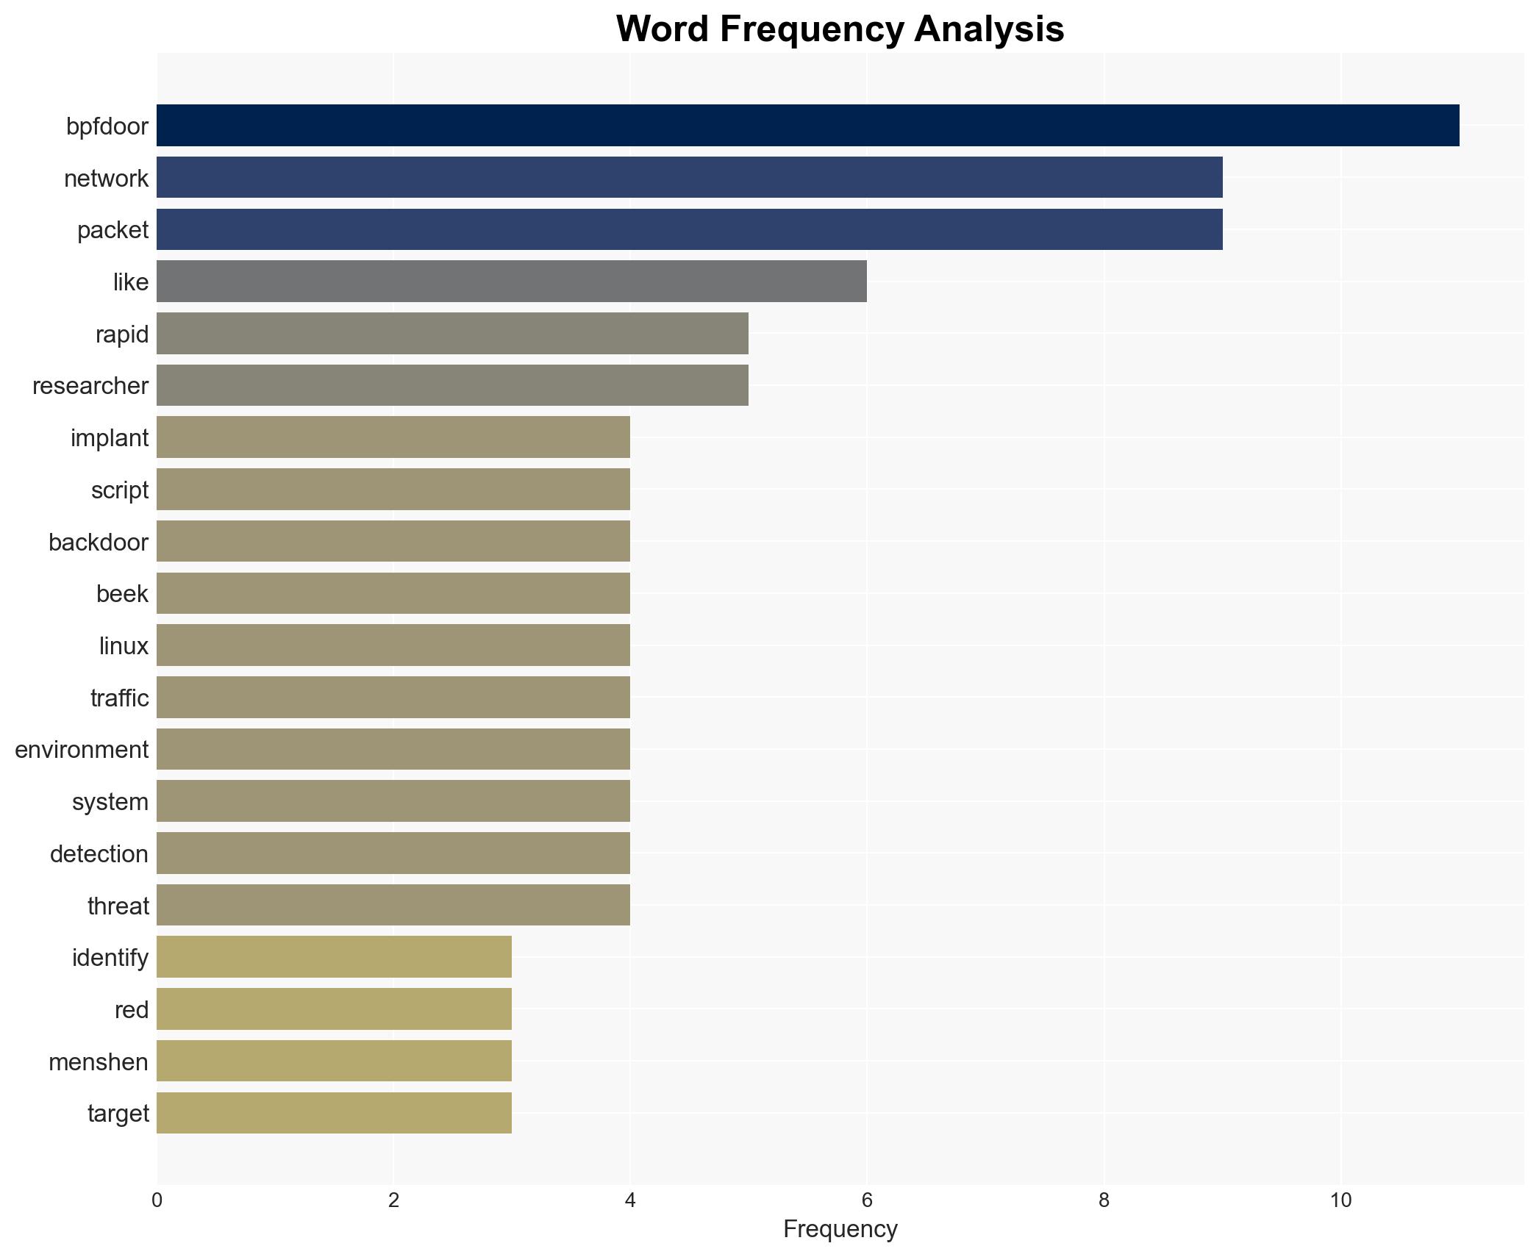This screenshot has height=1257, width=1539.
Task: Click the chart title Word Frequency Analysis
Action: tap(840, 29)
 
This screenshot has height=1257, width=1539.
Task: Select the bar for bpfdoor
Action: tap(807, 126)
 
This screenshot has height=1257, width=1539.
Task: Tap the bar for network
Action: tap(689, 178)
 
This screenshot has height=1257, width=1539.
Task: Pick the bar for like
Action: tap(511, 282)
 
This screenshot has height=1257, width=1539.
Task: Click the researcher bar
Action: tap(452, 385)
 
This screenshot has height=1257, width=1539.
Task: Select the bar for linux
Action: tap(393, 645)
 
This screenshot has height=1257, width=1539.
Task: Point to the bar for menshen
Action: tap(334, 1061)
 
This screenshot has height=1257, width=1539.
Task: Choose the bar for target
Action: tap(334, 1113)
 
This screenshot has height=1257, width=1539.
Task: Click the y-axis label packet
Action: tap(113, 230)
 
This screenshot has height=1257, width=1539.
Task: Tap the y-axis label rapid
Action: tap(122, 334)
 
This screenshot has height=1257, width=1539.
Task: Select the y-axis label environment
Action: tap(82, 750)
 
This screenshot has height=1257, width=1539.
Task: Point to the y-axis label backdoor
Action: tap(99, 542)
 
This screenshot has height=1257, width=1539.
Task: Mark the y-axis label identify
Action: tap(110, 958)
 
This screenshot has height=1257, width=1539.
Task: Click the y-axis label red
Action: tap(132, 1010)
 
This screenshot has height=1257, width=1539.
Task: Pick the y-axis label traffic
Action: tap(119, 698)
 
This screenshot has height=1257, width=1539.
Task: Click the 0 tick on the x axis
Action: tap(157, 1200)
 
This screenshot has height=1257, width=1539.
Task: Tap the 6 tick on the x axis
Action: tap(867, 1200)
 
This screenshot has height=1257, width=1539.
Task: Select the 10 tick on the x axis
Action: tap(1340, 1200)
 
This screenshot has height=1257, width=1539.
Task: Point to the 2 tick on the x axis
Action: tap(393, 1200)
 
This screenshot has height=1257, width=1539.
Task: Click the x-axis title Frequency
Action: tap(840, 1229)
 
